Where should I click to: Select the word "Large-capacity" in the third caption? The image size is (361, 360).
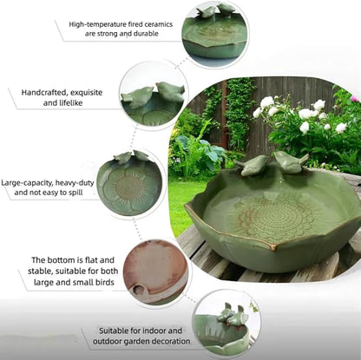point(30,183)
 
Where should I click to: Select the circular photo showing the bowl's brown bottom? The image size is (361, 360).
point(155,271)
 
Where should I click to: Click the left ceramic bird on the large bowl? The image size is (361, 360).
point(253,165)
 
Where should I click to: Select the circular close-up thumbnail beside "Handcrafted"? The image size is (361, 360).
point(153,95)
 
